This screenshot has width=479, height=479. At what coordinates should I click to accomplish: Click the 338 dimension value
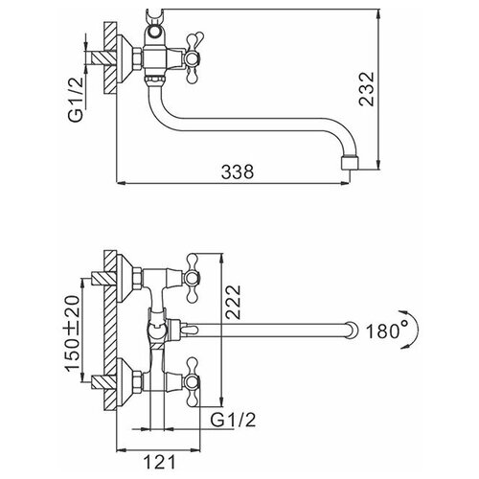pos(238,171)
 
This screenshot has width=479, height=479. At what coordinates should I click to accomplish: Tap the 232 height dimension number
pos(366,89)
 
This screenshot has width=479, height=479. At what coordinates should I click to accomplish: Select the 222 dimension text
pos(233,302)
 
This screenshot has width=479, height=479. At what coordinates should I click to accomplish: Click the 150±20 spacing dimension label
pos(72,333)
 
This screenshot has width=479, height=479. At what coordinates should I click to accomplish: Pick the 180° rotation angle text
pos(387,331)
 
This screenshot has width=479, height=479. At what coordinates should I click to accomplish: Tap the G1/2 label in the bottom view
pos(233,421)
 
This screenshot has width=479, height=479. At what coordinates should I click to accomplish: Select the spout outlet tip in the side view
pos(350,163)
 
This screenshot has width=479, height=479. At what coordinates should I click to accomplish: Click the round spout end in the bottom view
pos(352,330)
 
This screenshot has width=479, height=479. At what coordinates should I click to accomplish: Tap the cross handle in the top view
pos(192,58)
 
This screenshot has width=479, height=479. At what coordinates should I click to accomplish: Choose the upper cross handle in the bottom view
pos(193,278)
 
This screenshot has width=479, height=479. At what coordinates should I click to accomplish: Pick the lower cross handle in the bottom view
pos(193,382)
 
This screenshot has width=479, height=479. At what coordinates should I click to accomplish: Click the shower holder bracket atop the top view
pos(155,28)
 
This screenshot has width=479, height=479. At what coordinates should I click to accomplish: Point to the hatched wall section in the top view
pos(110,57)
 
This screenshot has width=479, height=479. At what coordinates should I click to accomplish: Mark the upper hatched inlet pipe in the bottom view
pos(103,279)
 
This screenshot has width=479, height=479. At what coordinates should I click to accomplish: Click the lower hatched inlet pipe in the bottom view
pos(103,382)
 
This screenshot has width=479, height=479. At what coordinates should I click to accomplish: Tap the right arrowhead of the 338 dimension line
pos(346,183)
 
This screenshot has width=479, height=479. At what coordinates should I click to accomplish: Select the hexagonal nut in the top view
pos(137,58)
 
